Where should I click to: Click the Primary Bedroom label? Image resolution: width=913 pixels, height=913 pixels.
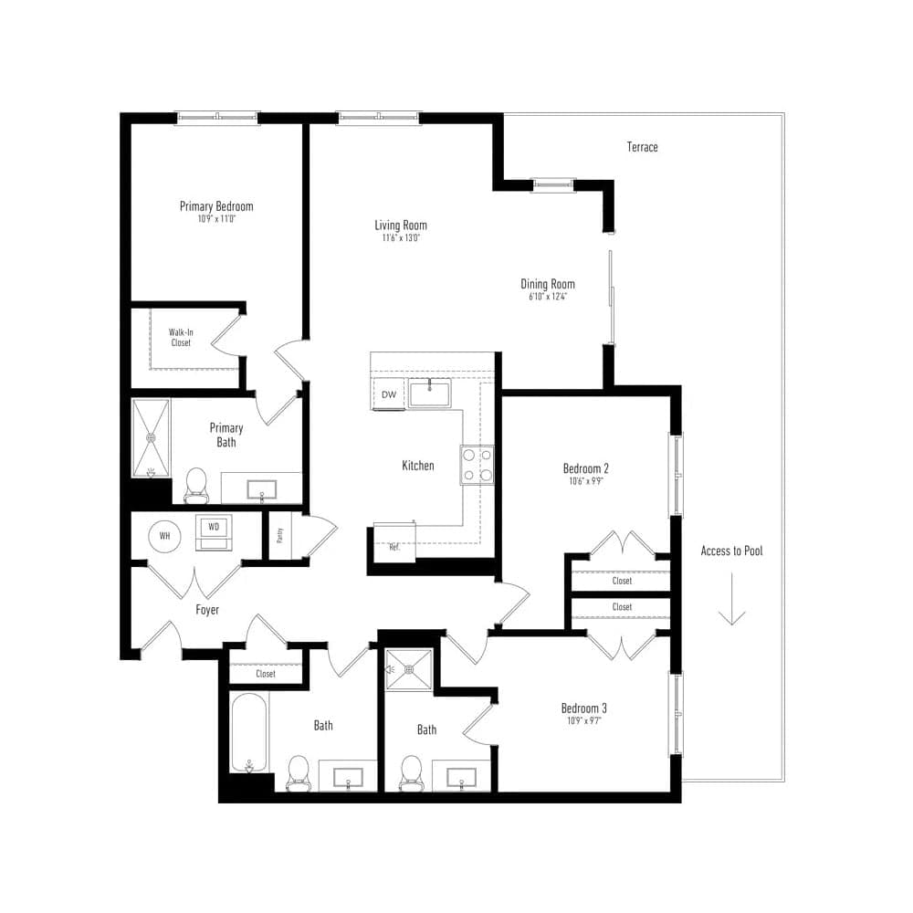click(216, 206)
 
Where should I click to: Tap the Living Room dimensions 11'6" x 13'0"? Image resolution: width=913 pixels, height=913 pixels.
click(400, 238)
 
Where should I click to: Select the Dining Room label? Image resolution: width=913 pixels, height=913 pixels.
click(548, 284)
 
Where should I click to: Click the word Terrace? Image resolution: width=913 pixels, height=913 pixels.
click(642, 147)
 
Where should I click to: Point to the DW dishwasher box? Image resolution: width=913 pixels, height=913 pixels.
click(388, 394)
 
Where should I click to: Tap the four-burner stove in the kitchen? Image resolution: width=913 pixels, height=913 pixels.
click(477, 463)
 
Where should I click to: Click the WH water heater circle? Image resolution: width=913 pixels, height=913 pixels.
click(165, 535)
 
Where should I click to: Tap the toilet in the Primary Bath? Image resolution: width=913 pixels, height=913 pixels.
click(196, 485)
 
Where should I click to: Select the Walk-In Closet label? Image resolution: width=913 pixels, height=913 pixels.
click(181, 337)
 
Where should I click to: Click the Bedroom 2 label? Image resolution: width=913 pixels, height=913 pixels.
click(585, 469)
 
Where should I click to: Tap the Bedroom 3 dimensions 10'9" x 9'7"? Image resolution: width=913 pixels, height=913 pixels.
click(584, 720)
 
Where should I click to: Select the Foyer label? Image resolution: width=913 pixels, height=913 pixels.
click(207, 610)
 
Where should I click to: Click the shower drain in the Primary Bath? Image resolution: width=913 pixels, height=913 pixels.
click(152, 436)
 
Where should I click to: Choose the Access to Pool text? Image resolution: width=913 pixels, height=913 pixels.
click(731, 551)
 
